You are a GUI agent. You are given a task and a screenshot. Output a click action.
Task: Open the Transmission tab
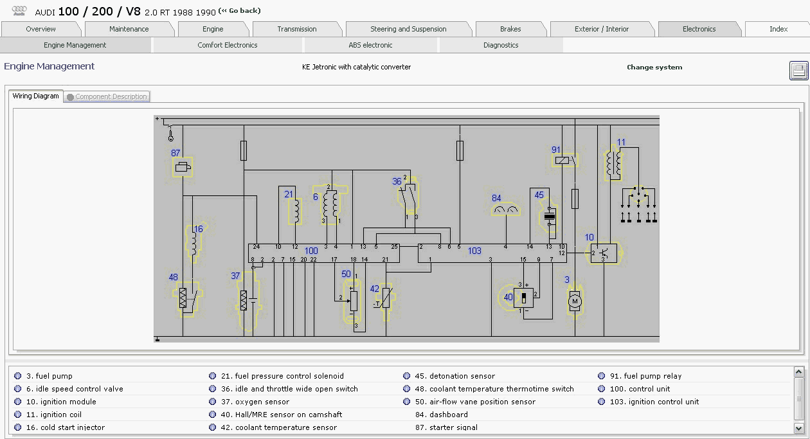(297, 29)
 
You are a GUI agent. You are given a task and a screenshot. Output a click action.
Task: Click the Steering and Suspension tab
(408, 29)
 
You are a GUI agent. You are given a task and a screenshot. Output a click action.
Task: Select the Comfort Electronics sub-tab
(227, 45)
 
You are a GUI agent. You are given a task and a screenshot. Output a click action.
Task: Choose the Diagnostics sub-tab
(501, 45)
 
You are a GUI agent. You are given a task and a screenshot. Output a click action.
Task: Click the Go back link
(239, 11)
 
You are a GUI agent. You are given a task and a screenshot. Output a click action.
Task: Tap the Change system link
(654, 67)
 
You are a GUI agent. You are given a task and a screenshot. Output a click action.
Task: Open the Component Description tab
(107, 96)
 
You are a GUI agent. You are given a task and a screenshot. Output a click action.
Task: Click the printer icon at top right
(798, 71)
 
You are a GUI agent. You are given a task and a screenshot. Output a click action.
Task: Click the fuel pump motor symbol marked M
(575, 301)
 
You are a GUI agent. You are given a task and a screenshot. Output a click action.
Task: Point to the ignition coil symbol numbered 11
(614, 163)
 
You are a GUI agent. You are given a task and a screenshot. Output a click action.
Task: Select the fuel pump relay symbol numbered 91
(564, 160)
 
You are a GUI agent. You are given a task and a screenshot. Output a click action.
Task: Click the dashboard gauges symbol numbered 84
(505, 210)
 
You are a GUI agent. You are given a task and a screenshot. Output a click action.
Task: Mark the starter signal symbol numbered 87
(183, 167)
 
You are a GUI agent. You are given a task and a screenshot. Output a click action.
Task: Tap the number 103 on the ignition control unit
(474, 251)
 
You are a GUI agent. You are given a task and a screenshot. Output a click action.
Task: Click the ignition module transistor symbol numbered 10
(604, 253)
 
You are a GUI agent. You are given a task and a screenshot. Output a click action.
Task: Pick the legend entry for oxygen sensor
(255, 402)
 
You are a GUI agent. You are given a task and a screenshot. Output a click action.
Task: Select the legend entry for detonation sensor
(455, 376)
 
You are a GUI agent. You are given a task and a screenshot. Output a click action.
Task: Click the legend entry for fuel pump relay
(645, 376)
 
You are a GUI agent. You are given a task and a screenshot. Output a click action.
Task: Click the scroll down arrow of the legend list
(799, 429)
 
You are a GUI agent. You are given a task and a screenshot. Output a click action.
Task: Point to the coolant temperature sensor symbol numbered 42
(386, 298)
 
